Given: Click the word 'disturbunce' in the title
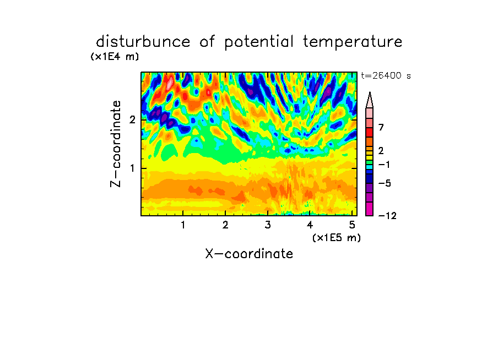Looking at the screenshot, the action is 143,42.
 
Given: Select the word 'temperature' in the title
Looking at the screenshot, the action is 353,42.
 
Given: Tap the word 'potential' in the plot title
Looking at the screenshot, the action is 259,42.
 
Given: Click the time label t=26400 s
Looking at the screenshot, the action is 386,76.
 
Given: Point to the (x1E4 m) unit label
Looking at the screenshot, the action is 115,57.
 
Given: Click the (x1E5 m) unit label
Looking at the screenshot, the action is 337,238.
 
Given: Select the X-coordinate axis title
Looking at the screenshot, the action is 249,254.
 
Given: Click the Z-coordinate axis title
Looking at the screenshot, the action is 116,144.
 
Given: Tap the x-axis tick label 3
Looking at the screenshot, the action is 268,225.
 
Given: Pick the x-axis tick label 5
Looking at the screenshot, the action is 352,225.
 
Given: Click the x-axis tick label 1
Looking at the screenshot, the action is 183,225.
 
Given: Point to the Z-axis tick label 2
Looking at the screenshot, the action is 132,120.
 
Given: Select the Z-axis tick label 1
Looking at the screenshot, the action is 132,168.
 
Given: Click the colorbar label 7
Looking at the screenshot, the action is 381,127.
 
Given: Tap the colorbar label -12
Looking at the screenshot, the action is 387,216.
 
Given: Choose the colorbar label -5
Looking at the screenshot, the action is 385,183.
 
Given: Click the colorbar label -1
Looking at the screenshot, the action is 384,165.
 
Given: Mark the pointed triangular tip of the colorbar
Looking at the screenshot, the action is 370,92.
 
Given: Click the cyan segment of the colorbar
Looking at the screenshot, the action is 370,167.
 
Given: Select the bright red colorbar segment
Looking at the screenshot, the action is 370,132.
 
